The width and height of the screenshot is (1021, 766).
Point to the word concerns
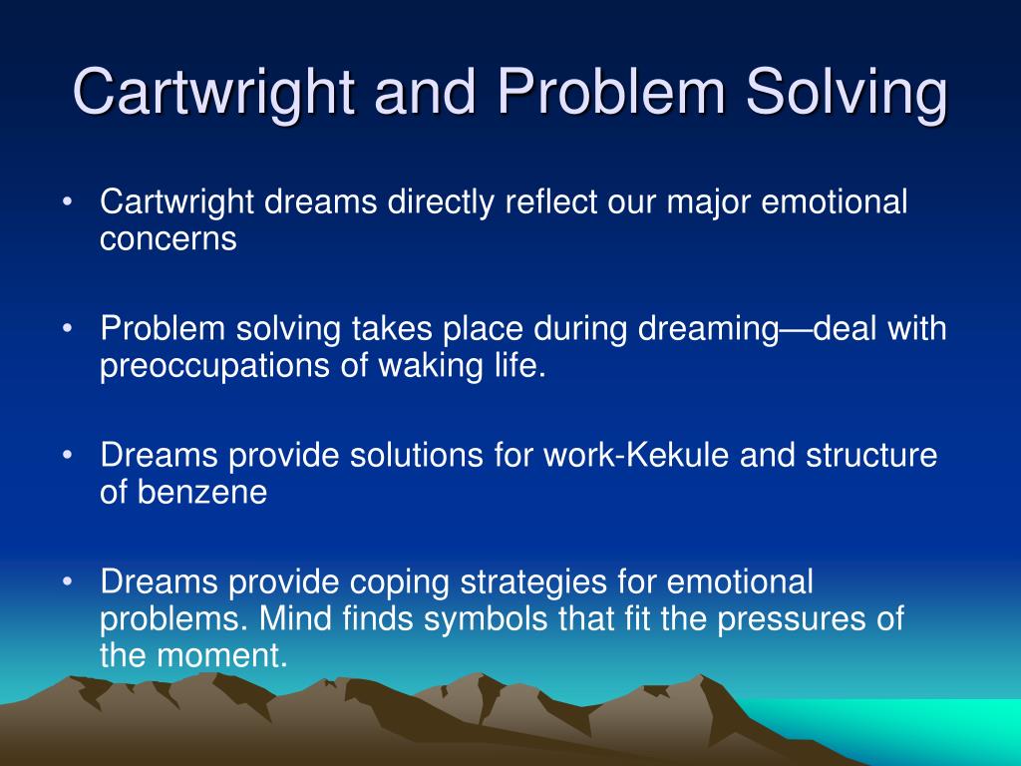(x=168, y=239)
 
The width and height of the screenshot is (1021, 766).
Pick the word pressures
(x=787, y=618)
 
